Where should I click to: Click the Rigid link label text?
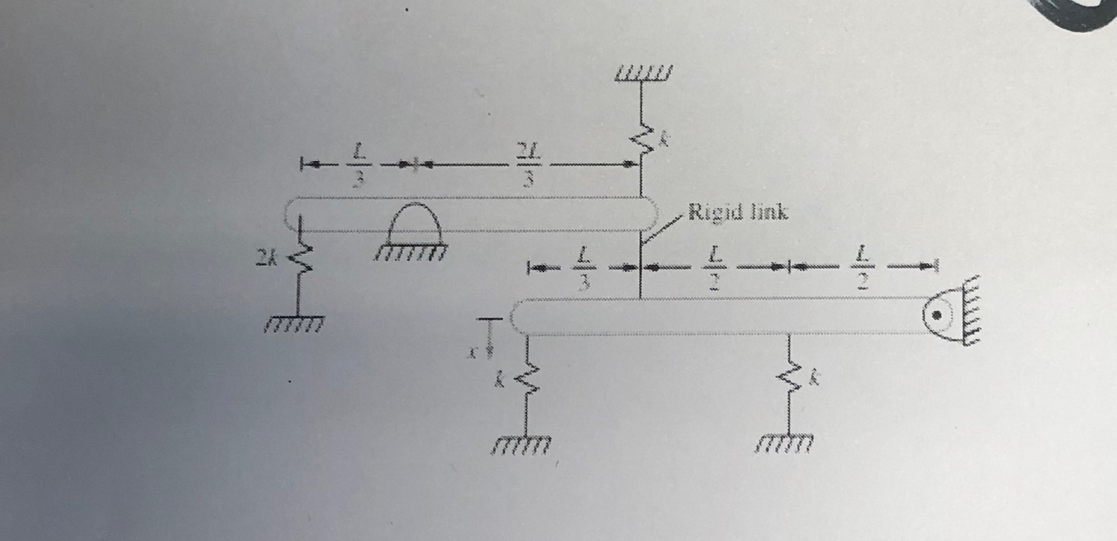coord(738,212)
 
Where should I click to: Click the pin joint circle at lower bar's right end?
coord(936,315)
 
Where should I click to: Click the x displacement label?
coord(473,353)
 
